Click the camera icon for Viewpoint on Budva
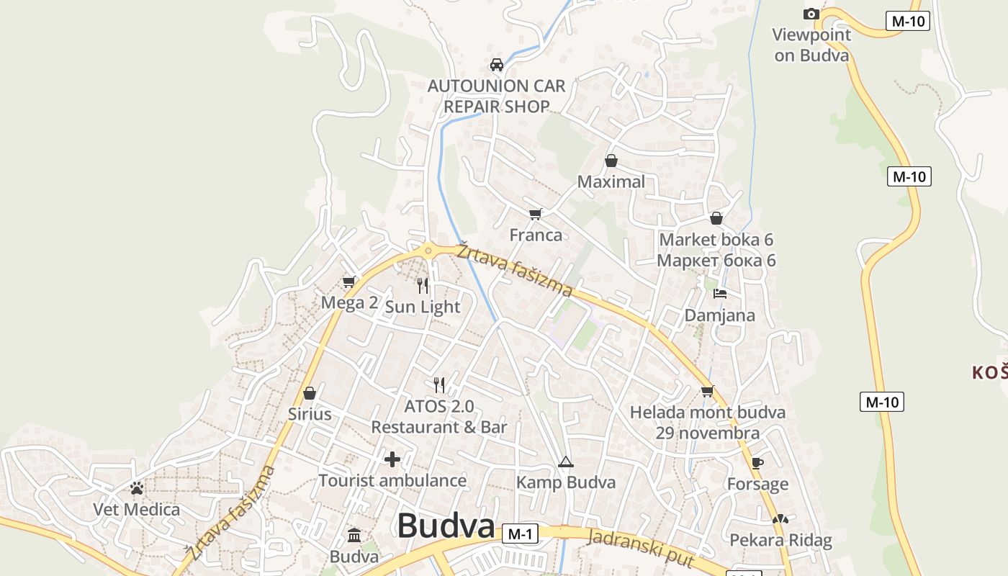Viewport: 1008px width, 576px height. (x=811, y=14)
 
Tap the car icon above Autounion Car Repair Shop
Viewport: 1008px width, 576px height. (x=496, y=65)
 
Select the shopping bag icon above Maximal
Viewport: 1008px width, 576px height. (x=611, y=161)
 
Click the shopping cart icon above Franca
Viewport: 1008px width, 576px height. (x=535, y=214)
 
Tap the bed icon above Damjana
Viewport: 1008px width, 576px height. (x=719, y=294)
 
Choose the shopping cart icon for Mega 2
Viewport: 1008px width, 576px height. (x=349, y=282)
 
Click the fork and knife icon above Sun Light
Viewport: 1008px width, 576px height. (x=423, y=286)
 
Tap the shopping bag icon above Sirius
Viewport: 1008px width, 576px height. (x=310, y=393)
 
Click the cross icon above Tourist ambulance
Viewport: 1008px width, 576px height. (x=392, y=459)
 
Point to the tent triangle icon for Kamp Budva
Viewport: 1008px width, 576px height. (x=565, y=462)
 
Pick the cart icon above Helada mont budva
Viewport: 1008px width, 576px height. (x=707, y=391)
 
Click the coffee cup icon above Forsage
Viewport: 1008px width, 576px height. (x=757, y=463)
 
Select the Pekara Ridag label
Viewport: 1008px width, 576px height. (x=780, y=540)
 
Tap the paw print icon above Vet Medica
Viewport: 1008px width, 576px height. (x=137, y=488)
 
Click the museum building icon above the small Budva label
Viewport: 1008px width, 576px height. (x=354, y=536)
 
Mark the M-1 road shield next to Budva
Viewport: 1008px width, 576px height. (x=520, y=534)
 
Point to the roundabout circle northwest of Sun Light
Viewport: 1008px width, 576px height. (x=428, y=251)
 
